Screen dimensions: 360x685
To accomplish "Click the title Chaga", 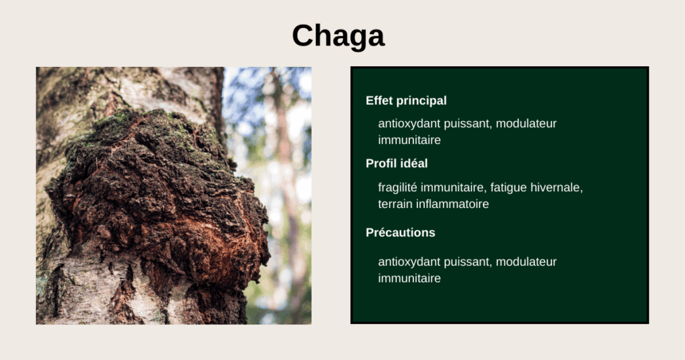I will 338,35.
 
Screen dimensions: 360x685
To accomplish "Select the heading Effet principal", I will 406,101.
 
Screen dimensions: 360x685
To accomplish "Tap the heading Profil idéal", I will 397,163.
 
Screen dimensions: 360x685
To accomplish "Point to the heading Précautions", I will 400,233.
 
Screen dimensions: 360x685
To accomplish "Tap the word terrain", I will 397,204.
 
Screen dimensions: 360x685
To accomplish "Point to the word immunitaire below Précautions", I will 409,278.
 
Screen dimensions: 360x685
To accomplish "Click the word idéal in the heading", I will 413,163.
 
